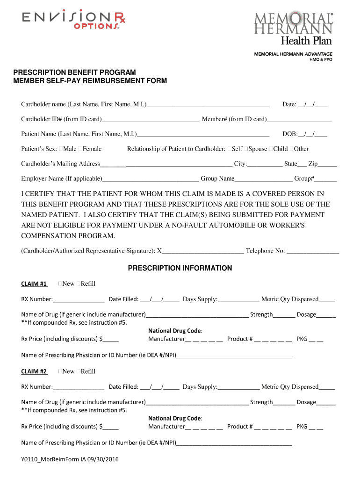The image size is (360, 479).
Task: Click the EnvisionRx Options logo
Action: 73,20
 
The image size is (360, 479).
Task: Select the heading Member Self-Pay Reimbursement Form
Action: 90,81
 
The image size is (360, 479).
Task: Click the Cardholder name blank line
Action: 208,105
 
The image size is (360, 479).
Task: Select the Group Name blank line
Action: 264,179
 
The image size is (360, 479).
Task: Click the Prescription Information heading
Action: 180,269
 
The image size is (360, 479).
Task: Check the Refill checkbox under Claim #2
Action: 78,372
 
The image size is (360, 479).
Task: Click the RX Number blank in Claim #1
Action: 78,300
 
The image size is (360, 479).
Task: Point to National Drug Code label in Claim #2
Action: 175,419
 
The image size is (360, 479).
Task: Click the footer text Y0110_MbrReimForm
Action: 70,460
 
